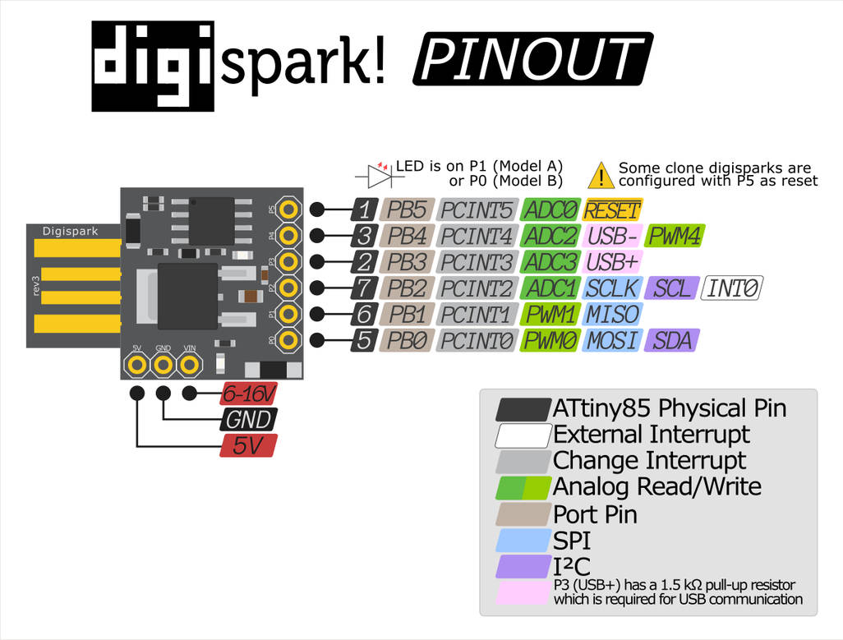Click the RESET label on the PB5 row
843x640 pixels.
612,209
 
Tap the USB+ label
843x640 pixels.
611,262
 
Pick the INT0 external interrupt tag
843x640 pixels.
733,288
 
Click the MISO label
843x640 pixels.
611,314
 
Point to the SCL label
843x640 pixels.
671,288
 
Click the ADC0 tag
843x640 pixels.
551,209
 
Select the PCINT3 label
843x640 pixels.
477,262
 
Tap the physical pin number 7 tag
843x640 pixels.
365,288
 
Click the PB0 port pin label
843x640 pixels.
407,340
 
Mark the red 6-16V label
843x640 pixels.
248,394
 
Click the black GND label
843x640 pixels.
248,420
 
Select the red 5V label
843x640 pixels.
248,446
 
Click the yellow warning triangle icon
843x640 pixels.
601,175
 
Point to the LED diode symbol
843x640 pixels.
378,175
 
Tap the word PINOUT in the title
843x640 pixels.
532,59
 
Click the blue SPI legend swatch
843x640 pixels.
523,540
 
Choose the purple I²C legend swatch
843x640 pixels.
523,566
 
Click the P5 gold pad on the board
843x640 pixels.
288,209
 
